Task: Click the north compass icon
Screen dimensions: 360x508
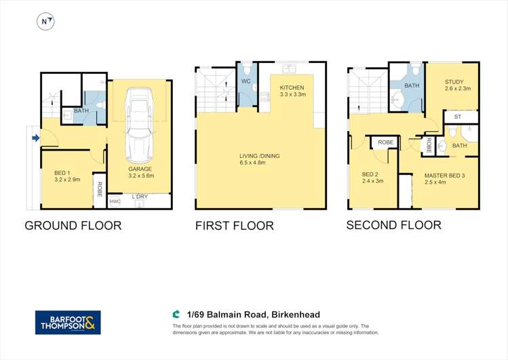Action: pyautogui.click(x=45, y=22)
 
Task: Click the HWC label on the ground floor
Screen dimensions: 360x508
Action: pyautogui.click(x=115, y=201)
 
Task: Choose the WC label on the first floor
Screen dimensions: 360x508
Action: pyautogui.click(x=246, y=82)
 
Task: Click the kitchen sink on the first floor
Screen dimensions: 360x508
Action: pyautogui.click(x=289, y=68)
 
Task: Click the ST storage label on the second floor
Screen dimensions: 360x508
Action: pyautogui.click(x=456, y=117)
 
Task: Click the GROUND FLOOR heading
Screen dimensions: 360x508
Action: pyautogui.click(x=73, y=225)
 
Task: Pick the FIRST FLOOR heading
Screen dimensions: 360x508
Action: pyautogui.click(x=235, y=225)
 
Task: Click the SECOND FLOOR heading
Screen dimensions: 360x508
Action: pyautogui.click(x=393, y=224)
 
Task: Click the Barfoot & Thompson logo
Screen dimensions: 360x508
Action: pyautogui.click(x=68, y=322)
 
